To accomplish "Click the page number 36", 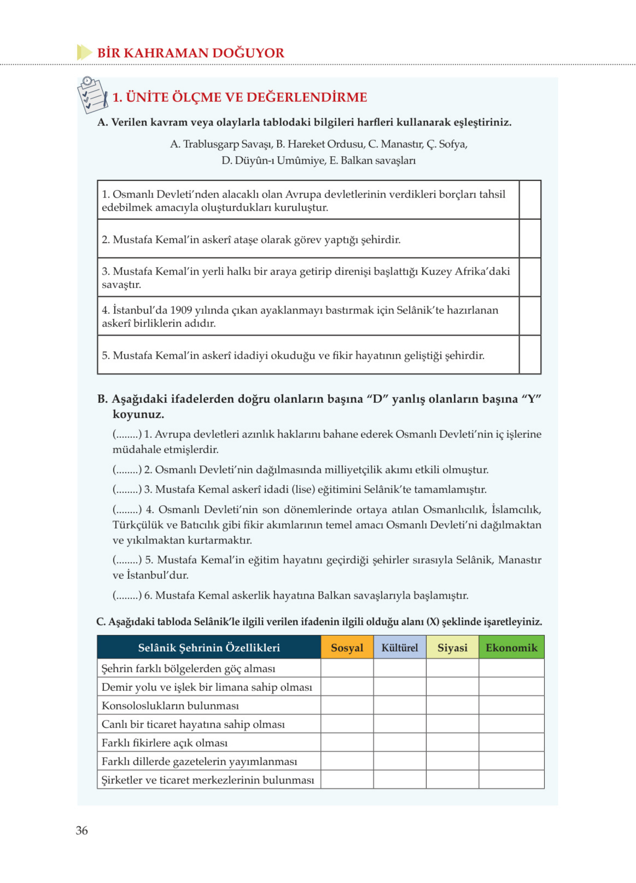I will [82, 831].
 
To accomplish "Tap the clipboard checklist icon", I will [93, 95].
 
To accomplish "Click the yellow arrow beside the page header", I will [84, 52].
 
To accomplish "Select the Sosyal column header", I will [347, 648].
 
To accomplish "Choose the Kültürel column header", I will [399, 648].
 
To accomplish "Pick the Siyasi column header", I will [452, 648].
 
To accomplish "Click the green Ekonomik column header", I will [511, 648].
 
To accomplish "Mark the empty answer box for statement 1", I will [530, 200].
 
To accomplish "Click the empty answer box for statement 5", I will [530, 355].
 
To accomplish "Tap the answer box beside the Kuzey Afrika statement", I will [530, 278].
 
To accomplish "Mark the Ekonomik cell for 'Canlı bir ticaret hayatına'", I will [511, 724].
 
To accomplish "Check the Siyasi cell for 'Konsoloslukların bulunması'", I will [452, 706].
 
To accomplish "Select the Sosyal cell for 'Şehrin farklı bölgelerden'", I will [347, 668].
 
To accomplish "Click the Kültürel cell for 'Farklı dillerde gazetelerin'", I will [399, 761].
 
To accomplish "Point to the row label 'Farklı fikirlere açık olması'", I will [164, 743].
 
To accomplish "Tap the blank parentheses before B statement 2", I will [127, 470].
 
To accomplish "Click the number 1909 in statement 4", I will [181, 310].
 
